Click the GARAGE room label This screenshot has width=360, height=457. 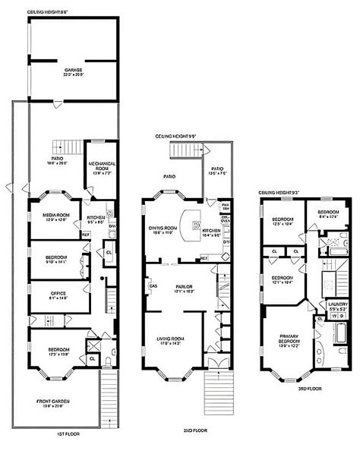(x=73, y=70)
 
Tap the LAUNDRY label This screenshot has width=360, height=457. (x=336, y=306)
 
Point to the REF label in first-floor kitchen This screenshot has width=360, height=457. (x=86, y=235)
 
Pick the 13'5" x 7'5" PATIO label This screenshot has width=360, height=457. (x=217, y=171)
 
